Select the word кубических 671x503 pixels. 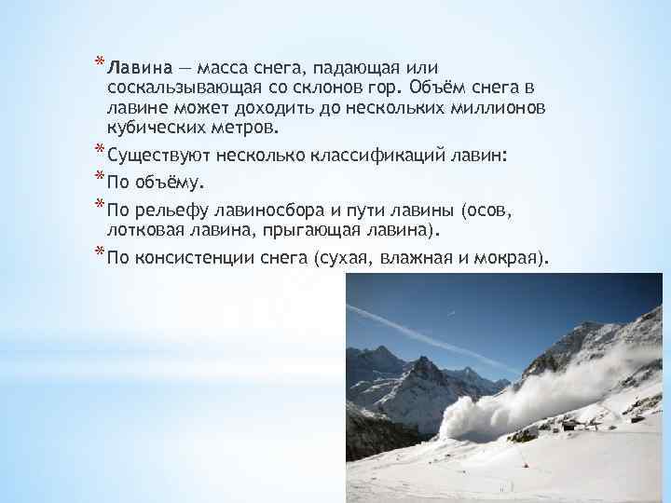pyautogui.click(x=150, y=128)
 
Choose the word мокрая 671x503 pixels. pyautogui.click(x=512, y=256)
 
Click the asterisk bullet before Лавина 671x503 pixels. pyautogui.click(x=99, y=64)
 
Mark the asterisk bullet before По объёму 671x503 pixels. pyautogui.click(x=99, y=176)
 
